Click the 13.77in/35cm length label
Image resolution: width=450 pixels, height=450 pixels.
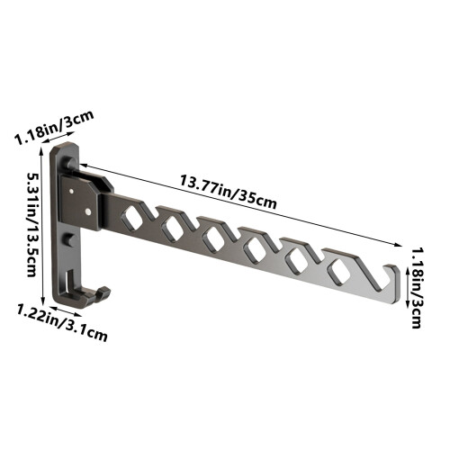tap(228, 192)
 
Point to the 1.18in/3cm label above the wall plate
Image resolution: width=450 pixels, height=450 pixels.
tap(55, 128)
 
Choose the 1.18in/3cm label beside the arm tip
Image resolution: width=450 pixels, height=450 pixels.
tap(418, 288)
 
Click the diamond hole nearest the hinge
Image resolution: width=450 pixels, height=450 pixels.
tap(132, 219)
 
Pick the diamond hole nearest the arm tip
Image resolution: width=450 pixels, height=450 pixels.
tap(339, 271)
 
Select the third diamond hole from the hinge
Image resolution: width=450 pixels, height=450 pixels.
tap(214, 239)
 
